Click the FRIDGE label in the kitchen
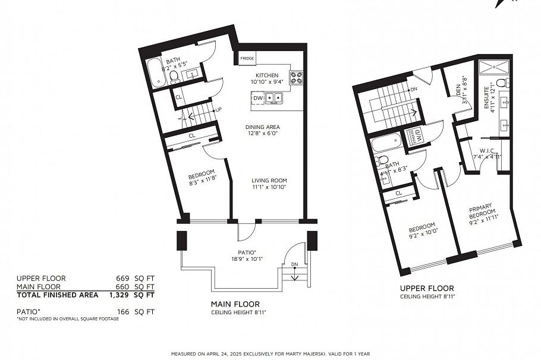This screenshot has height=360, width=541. point(247,59)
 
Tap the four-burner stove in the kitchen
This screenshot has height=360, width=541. point(296,77)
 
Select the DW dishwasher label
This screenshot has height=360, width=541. point(258,97)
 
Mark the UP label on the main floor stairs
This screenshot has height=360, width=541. point(218,110)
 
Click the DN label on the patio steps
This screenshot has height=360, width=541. point(294,264)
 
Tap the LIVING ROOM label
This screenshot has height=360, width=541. point(269,180)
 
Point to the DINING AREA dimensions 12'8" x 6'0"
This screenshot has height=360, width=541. point(263,134)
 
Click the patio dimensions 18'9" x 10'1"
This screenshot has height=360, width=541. point(247,259)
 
